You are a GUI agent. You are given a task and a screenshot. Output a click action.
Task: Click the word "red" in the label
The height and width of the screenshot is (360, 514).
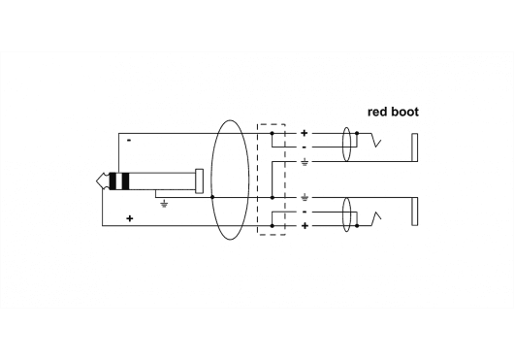(377, 112)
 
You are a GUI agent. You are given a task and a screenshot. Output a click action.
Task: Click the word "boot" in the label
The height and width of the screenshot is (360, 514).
(404, 112)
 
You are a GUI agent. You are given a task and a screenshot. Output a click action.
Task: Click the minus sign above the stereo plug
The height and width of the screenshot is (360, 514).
(129, 142)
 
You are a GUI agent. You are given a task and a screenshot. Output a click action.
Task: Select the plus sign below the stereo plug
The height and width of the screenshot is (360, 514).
(129, 219)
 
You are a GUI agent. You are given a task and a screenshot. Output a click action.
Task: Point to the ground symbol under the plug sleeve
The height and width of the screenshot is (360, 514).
(164, 204)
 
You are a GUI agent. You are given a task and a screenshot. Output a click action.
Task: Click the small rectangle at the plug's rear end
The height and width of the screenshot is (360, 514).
(200, 181)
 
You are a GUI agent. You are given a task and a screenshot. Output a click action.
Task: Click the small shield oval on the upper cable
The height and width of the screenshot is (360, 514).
(346, 147)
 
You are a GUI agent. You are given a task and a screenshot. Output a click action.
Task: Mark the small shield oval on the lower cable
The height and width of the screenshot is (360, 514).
(346, 212)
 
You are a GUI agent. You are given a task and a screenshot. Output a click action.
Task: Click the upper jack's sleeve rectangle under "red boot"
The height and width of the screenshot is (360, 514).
(415, 147)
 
